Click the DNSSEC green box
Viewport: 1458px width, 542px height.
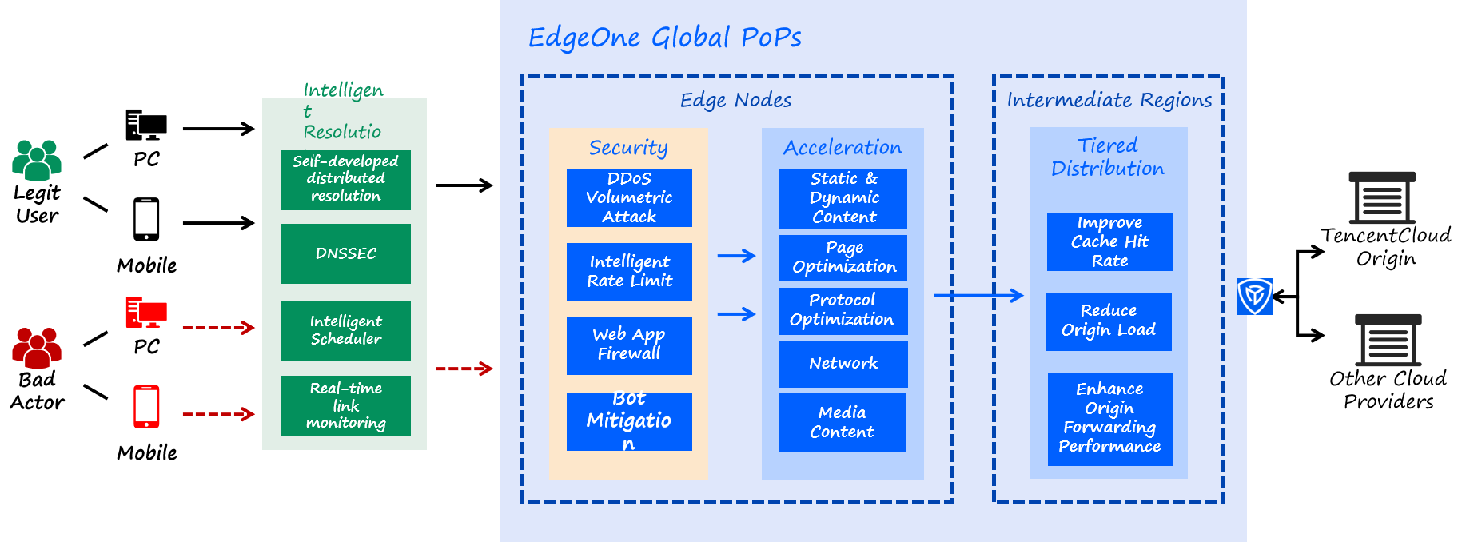pyautogui.click(x=345, y=253)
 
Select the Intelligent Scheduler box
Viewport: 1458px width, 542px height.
pyautogui.click(x=345, y=330)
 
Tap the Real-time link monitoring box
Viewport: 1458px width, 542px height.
pyautogui.click(x=345, y=405)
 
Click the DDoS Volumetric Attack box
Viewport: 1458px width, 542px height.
pyautogui.click(x=629, y=197)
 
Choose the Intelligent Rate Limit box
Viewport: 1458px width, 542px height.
pyautogui.click(x=629, y=272)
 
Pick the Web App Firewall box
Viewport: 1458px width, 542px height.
pyautogui.click(x=629, y=345)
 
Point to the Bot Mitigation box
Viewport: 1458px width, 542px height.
pyautogui.click(x=629, y=421)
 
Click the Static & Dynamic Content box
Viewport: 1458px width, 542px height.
pyautogui.click(x=843, y=198)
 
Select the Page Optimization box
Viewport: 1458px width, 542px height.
pyautogui.click(x=843, y=257)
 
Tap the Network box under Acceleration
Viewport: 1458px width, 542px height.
pyautogui.click(x=843, y=364)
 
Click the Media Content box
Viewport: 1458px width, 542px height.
pyautogui.click(x=842, y=422)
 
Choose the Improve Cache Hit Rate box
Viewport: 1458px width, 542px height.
pyautogui.click(x=1109, y=241)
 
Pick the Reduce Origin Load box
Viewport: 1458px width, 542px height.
pyautogui.click(x=1109, y=321)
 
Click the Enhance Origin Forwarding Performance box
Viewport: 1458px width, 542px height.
pyautogui.click(x=1109, y=419)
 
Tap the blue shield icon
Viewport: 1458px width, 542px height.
pyautogui.click(x=1254, y=297)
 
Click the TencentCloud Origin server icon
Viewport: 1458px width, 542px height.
pyautogui.click(x=1382, y=197)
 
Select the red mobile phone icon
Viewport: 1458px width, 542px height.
pyautogui.click(x=146, y=407)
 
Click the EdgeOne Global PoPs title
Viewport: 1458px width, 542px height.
pyautogui.click(x=664, y=38)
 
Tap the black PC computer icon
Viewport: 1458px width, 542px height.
pyautogui.click(x=146, y=126)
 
